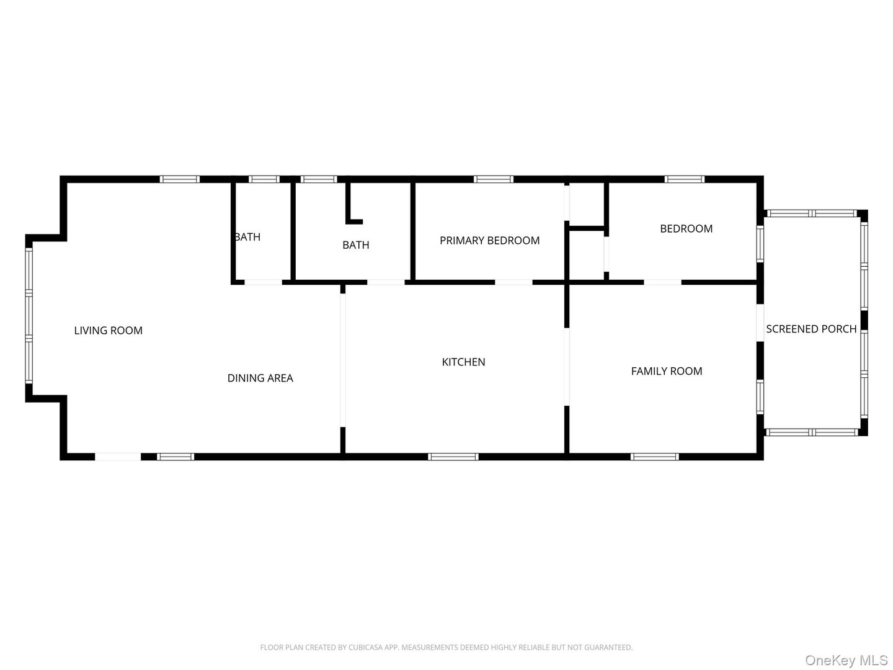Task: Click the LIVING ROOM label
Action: click(x=109, y=330)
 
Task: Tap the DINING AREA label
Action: click(x=260, y=378)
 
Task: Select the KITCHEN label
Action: click(x=463, y=362)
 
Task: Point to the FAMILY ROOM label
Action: click(x=667, y=371)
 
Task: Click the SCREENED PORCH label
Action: click(x=811, y=329)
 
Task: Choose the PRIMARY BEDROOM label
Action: click(x=489, y=241)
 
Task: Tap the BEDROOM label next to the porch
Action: click(x=686, y=229)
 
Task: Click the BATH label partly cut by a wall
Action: click(x=248, y=237)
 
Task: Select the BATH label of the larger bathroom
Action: click(x=355, y=245)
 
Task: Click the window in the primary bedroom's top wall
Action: click(x=494, y=179)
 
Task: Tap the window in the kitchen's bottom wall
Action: click(x=453, y=457)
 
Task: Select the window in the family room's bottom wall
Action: click(x=654, y=457)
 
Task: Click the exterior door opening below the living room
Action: click(x=118, y=457)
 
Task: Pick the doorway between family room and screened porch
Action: click(x=760, y=323)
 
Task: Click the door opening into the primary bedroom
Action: click(x=513, y=282)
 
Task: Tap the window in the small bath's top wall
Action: click(x=264, y=179)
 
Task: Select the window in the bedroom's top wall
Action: click(x=684, y=179)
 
